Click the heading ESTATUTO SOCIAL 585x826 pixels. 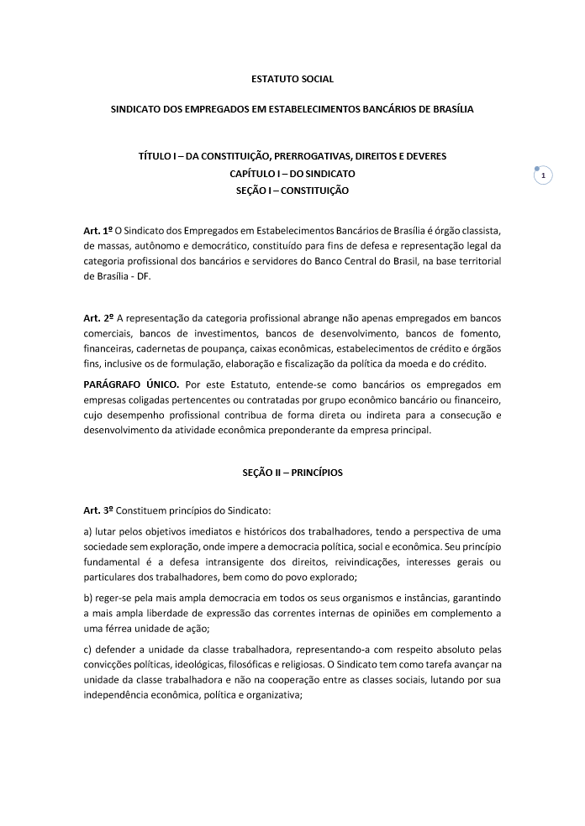pos(292,79)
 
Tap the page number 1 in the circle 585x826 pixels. pos(544,175)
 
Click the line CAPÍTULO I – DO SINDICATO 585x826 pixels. pos(292,174)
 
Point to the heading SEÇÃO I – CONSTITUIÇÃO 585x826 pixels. pos(292,191)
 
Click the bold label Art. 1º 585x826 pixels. pos(97,229)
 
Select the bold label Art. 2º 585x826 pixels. pos(97,319)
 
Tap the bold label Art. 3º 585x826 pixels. pos(97,510)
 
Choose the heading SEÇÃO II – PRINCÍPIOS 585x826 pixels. pos(292,473)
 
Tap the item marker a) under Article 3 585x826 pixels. pos(87,532)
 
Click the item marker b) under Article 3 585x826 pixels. pos(87,597)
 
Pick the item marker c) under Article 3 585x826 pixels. pos(87,647)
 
